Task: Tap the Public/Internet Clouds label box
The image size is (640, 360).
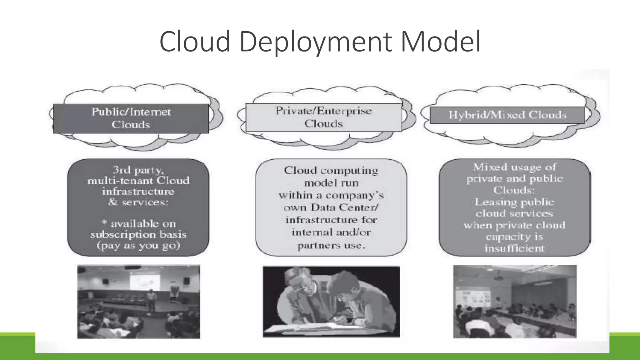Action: point(131,118)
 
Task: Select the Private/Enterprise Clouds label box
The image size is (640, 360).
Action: point(323,117)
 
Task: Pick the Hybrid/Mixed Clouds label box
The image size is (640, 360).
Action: point(507,115)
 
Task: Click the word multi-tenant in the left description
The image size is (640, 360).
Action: point(120,181)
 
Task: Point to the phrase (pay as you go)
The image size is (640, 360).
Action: point(138,246)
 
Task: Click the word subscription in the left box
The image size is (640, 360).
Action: point(123,235)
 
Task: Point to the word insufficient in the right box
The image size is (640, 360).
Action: point(514,248)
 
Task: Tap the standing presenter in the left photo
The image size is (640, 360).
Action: point(151,299)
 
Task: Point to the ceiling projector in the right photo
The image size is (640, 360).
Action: point(498,278)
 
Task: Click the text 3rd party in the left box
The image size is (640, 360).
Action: point(138,170)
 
